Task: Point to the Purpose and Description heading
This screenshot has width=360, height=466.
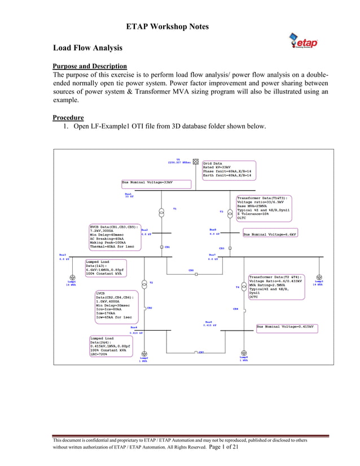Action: [89, 66]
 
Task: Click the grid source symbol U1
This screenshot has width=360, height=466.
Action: [195, 161]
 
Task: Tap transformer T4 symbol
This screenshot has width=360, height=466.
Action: [245, 287]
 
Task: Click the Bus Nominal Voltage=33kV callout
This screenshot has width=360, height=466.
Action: [148, 183]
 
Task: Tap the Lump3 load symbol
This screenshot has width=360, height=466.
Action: [319, 277]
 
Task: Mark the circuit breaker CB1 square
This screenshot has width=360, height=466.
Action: [161, 247]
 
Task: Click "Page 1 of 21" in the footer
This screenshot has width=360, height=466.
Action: [215, 447]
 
